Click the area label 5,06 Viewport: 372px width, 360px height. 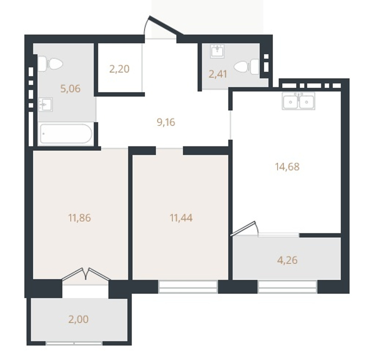click(71, 89)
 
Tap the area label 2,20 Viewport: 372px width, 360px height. click(120, 69)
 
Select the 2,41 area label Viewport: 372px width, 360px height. click(218, 74)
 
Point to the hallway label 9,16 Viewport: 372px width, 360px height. click(166, 122)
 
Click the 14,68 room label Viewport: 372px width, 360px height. click(287, 167)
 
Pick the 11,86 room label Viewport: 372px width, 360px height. click(80, 218)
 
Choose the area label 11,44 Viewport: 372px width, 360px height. click(181, 218)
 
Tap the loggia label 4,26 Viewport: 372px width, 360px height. click(287, 260)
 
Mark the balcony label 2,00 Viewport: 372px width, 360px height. click(78, 319)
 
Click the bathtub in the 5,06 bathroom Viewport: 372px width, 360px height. click(66, 134)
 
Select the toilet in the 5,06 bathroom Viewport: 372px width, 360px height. click(50, 64)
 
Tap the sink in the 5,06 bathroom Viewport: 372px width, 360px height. click(46, 105)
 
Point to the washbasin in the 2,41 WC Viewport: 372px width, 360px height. click(217, 51)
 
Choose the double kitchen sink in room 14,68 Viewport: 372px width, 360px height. click(299, 101)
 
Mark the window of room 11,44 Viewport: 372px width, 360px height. click(188, 287)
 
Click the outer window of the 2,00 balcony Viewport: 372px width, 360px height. click(74, 343)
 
